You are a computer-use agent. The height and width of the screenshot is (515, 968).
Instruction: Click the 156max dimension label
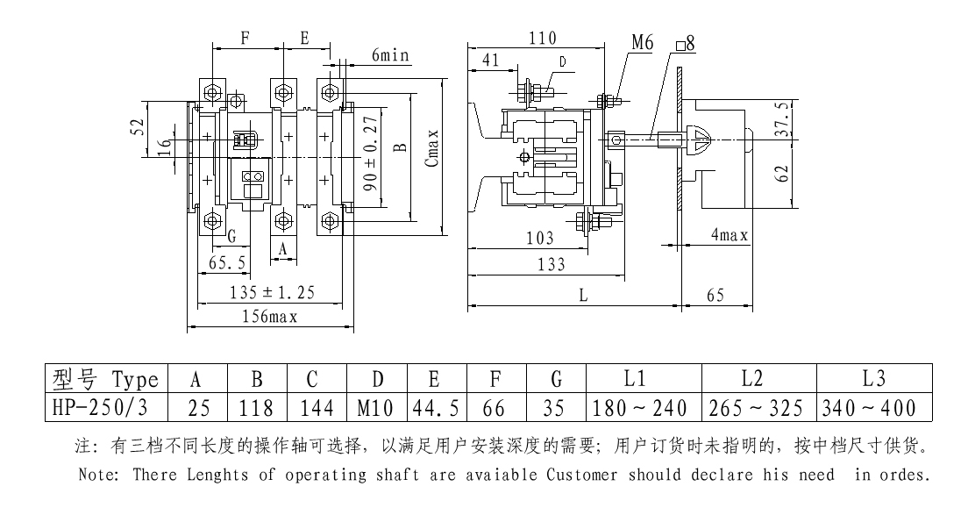(270, 318)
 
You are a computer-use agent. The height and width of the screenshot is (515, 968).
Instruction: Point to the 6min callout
(390, 55)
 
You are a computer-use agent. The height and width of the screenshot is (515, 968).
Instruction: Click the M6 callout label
(643, 43)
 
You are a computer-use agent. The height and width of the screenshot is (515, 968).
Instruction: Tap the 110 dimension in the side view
(544, 38)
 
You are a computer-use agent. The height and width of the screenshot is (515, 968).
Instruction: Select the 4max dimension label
(729, 235)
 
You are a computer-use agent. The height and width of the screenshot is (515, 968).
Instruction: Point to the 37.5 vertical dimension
(780, 118)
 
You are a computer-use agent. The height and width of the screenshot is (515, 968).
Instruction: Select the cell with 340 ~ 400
(867, 408)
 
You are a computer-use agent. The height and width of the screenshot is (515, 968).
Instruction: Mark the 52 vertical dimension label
(137, 128)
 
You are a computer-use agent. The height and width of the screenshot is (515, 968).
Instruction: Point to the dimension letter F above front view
(246, 39)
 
